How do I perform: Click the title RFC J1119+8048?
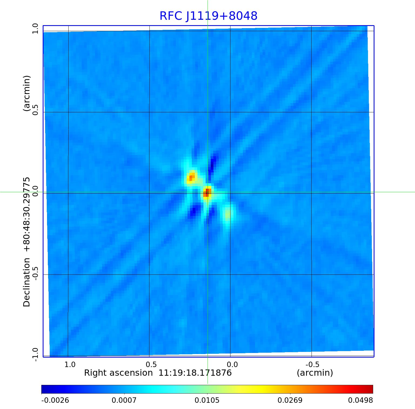tap(208, 16)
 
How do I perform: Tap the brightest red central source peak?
tap(207, 193)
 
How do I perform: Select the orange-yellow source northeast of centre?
tap(191, 178)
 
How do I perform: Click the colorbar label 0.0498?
tap(360, 400)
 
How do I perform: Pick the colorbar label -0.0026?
tap(55, 400)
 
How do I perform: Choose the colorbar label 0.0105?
tap(207, 400)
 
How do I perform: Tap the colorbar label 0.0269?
tap(290, 400)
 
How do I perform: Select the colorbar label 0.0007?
tap(124, 400)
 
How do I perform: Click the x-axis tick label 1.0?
tap(70, 364)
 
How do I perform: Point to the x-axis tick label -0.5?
tap(313, 364)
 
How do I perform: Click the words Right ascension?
tap(118, 373)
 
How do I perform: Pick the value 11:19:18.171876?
tap(195, 373)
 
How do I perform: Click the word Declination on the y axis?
tap(27, 282)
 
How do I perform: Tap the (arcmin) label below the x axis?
tap(315, 373)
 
